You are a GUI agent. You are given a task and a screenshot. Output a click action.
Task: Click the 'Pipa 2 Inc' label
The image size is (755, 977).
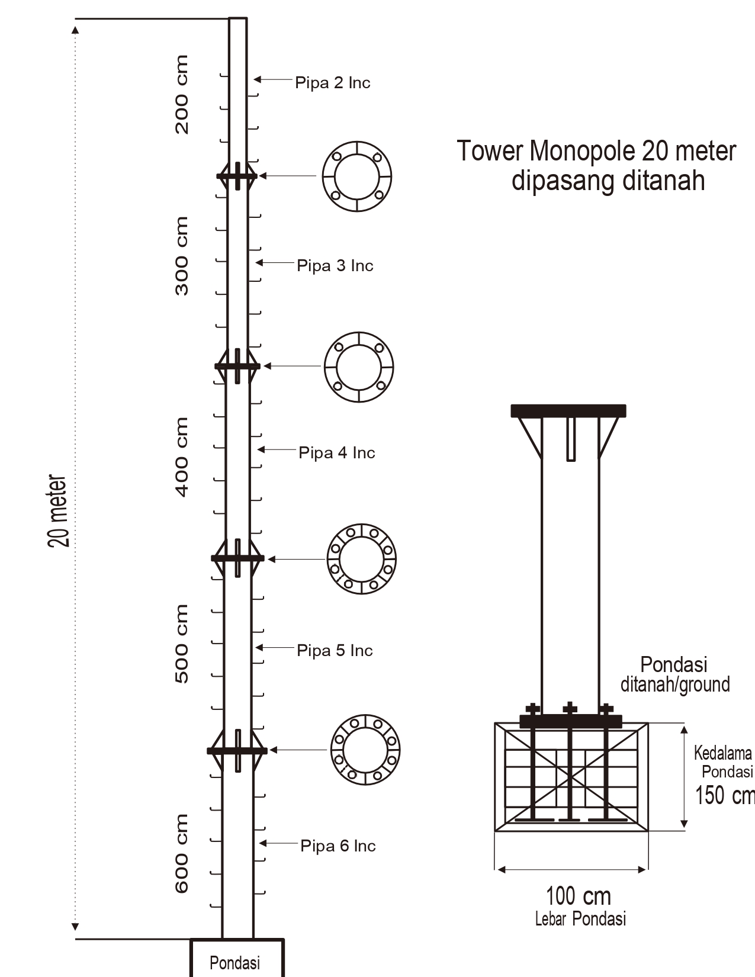pos(332,83)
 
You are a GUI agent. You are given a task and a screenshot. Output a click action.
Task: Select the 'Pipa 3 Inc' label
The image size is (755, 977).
pos(335,266)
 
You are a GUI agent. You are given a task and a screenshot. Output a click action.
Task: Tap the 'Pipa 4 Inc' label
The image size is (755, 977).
pos(336,453)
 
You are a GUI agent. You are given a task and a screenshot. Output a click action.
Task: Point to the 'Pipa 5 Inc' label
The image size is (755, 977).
pos(335,651)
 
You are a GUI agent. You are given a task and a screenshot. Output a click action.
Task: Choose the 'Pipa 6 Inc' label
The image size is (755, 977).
pos(338,846)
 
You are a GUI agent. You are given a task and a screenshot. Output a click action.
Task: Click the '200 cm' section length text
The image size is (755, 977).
pos(182,95)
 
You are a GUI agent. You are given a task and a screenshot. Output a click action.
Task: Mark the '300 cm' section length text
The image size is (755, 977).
pos(182,256)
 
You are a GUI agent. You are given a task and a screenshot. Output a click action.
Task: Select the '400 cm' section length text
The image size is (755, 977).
pos(182,457)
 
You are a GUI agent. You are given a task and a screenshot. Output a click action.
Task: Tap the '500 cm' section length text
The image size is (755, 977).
pos(182,644)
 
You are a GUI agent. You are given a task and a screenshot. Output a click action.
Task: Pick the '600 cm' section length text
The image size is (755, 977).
pos(182,853)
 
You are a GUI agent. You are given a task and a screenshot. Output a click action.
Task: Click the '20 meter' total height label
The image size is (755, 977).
pos(59,510)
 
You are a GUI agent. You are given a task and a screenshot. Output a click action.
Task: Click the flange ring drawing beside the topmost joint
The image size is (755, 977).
pos(357,176)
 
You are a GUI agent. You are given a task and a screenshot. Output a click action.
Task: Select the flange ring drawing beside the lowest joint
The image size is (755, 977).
pos(365,750)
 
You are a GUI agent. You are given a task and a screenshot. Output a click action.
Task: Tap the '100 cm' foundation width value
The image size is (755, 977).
pos(578,896)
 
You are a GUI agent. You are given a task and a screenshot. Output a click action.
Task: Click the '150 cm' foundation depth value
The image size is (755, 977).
pos(724,795)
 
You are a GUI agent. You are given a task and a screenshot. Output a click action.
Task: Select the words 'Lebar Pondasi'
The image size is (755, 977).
pos(580,920)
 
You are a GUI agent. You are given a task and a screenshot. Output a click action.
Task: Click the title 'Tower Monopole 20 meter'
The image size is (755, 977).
pos(596,152)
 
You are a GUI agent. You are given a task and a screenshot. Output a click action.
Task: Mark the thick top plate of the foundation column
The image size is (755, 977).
pos(568,410)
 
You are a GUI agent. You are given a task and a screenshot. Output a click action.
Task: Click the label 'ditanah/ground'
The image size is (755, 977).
pos(675,684)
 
